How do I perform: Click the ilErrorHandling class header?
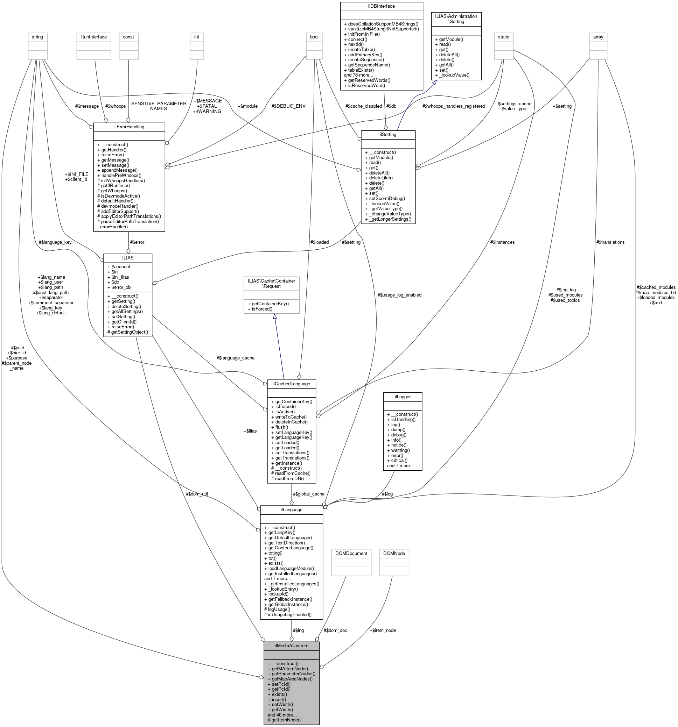click(x=129, y=127)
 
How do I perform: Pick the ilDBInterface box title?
click(x=381, y=6)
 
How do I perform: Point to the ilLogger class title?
click(x=402, y=397)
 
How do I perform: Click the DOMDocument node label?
click(x=351, y=553)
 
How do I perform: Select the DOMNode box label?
click(x=394, y=553)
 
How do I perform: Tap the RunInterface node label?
click(x=93, y=37)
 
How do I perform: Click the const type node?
click(x=128, y=37)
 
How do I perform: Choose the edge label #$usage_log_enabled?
click(x=399, y=295)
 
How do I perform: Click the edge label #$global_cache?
click(x=308, y=494)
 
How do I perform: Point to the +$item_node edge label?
click(x=382, y=630)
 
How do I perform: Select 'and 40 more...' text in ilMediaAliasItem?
click(x=282, y=714)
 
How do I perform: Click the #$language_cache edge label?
click(x=236, y=358)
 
